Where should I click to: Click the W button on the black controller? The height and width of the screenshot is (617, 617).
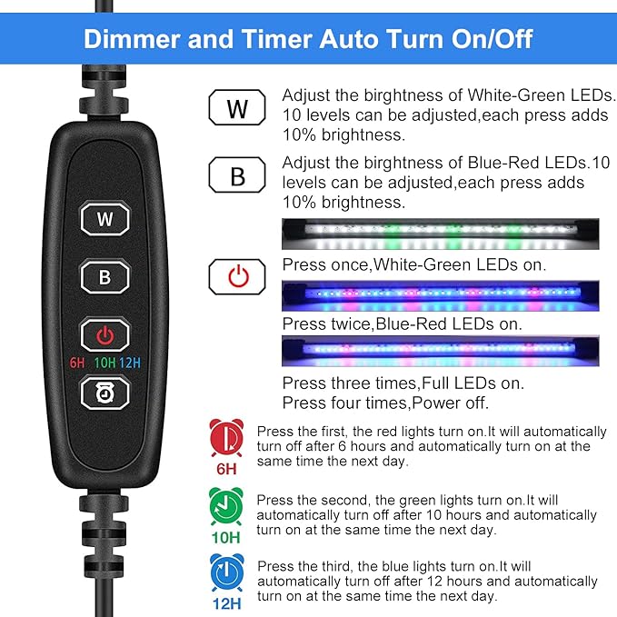105,218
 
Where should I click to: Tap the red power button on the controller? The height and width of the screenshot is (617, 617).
105,335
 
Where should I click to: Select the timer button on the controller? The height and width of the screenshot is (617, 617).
105,393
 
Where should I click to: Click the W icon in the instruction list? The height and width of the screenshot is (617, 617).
237,108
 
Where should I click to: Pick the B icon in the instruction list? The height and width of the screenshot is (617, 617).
237,174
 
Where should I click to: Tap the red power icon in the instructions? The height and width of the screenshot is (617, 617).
237,276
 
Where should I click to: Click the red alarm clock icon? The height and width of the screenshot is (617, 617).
226,438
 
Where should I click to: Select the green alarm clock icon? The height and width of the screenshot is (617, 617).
226,505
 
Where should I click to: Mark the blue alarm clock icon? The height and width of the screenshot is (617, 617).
226,574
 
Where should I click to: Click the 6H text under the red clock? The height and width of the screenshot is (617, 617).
226,469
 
